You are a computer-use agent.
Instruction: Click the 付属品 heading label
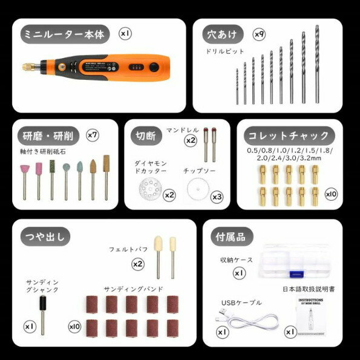click(x=231, y=237)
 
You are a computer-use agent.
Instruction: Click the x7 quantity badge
click(x=93, y=134)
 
